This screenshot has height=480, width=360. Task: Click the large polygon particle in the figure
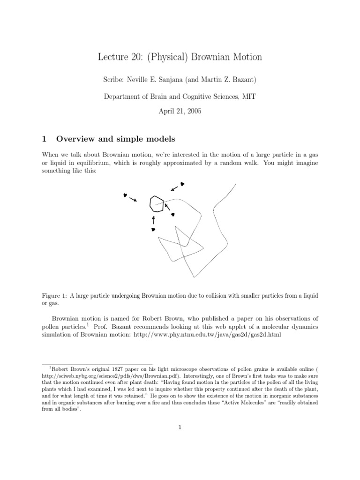point(157,204)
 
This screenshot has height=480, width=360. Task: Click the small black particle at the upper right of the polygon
point(182,184)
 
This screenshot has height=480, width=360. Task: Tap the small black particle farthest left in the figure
point(125,195)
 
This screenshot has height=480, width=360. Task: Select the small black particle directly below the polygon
point(153,229)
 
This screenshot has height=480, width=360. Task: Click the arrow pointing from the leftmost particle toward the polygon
point(133,199)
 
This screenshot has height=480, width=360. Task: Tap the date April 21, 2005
point(180,112)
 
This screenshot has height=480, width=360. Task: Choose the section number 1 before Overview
point(45,139)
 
